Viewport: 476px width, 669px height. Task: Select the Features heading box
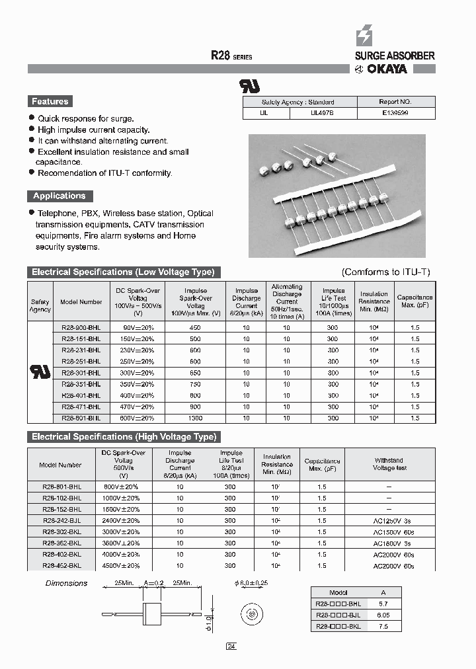click(50, 102)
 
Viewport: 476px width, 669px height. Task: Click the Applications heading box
click(59, 196)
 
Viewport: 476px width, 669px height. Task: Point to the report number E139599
click(396, 113)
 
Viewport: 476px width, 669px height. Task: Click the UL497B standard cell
click(323, 113)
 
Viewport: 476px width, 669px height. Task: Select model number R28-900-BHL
click(81, 327)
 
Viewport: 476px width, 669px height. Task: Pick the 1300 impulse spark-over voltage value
click(195, 418)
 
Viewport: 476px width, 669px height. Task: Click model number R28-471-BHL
click(81, 407)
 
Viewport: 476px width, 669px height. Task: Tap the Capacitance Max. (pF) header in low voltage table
click(415, 301)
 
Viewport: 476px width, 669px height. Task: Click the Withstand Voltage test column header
click(389, 464)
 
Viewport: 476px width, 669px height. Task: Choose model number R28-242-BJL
click(61, 520)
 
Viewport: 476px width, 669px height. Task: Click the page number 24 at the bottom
click(231, 647)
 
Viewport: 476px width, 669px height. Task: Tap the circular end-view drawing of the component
click(251, 614)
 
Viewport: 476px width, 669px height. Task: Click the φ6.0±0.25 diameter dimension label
click(251, 584)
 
